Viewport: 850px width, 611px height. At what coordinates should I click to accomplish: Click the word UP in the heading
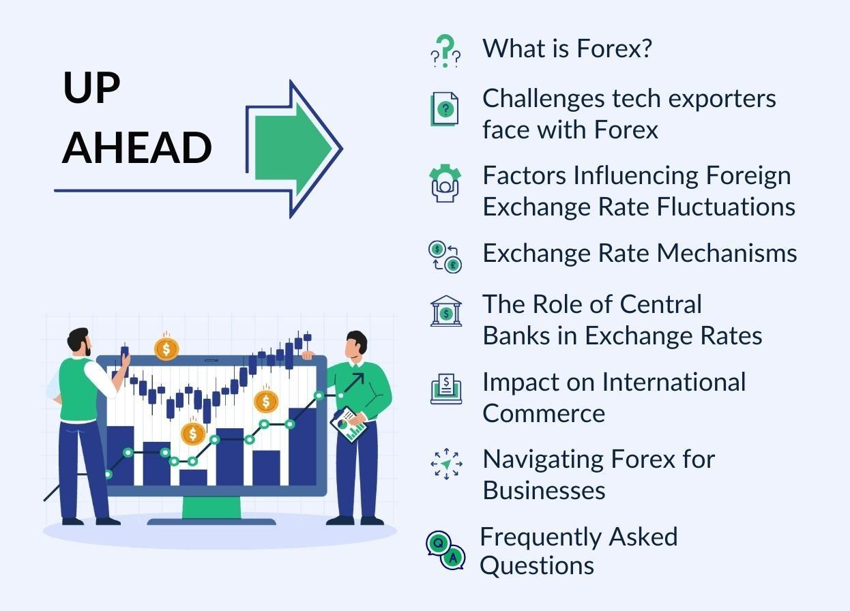(x=91, y=87)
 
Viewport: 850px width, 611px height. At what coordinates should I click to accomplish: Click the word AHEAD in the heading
(x=136, y=147)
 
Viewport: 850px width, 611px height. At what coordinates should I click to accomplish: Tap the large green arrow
(x=293, y=148)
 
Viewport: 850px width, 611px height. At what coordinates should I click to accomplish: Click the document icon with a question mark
(x=444, y=109)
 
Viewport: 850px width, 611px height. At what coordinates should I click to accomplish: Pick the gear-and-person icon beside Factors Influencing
(x=445, y=183)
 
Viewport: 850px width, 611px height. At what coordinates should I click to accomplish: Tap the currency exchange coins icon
(x=445, y=257)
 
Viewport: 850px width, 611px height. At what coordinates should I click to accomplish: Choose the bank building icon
(x=446, y=311)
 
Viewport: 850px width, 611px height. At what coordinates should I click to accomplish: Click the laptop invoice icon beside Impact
(x=446, y=389)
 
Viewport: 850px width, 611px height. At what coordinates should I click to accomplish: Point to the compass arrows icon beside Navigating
(x=446, y=464)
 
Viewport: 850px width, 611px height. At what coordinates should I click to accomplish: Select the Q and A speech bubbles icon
(x=445, y=550)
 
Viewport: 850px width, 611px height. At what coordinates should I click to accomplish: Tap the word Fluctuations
(x=726, y=207)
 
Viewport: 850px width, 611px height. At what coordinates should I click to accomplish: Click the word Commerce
(x=544, y=413)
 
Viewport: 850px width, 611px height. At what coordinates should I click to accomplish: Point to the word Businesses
(x=544, y=490)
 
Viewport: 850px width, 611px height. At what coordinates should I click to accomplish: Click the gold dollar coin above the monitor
(x=166, y=349)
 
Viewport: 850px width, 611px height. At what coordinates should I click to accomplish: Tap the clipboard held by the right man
(x=349, y=424)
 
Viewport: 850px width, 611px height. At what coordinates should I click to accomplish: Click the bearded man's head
(x=80, y=342)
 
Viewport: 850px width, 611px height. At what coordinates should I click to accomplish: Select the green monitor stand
(x=211, y=507)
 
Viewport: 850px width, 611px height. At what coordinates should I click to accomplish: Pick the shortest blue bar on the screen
(x=193, y=477)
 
